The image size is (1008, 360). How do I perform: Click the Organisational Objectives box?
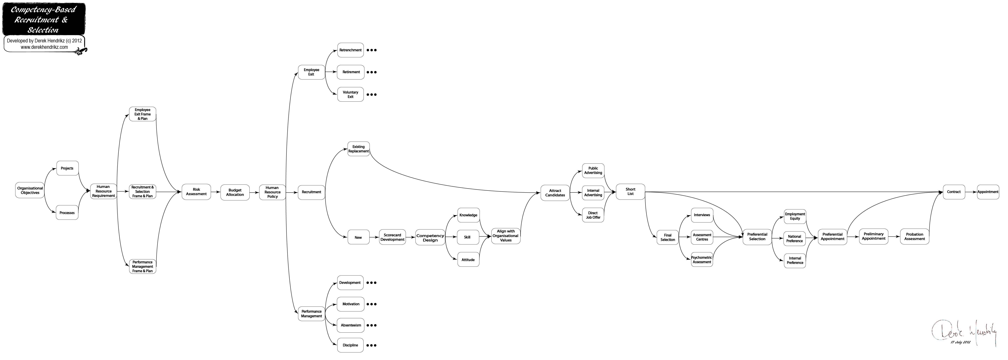click(x=30, y=190)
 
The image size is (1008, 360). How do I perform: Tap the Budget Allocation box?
click(x=235, y=192)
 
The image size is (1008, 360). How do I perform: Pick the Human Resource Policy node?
click(x=272, y=192)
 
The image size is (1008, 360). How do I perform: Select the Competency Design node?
click(x=430, y=238)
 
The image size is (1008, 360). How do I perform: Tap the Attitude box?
click(x=468, y=260)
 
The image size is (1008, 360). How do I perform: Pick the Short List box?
click(x=630, y=192)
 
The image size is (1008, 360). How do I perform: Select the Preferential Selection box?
click(x=757, y=237)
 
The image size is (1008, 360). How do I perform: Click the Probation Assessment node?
click(x=915, y=236)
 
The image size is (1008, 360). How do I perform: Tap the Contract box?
click(x=954, y=192)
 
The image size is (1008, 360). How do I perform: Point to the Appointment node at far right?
click(x=988, y=192)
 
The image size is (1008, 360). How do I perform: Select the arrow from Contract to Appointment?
click(x=971, y=192)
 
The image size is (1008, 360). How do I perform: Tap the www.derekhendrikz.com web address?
click(x=44, y=47)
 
